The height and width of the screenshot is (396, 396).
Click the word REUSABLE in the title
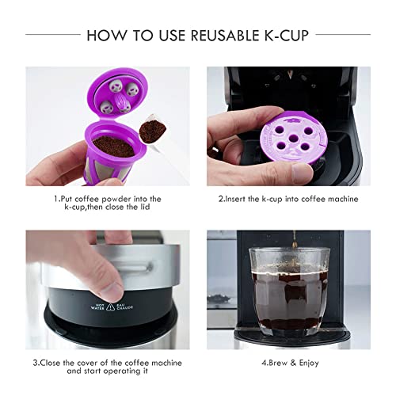click(x=223, y=35)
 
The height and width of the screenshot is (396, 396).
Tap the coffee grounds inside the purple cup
click(x=112, y=146)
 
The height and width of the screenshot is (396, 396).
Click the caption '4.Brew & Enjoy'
click(x=288, y=364)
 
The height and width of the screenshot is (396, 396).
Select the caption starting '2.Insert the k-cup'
click(x=288, y=198)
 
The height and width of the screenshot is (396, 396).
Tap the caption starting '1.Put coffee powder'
click(x=108, y=204)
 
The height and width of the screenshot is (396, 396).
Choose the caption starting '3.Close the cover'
click(x=108, y=369)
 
